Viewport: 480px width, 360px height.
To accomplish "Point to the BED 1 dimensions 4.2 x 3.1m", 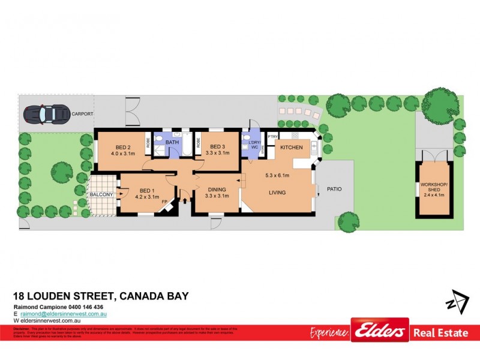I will (146, 197).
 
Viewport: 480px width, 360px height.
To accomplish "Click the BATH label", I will (172, 142).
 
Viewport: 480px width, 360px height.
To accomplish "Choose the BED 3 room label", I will (217, 147).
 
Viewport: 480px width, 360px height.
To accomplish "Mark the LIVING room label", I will (277, 193).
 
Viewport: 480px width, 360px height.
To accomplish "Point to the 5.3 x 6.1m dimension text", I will (277, 175).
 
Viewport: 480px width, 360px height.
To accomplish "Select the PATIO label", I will (334, 190).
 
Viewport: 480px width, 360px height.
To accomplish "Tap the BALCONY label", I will (101, 195).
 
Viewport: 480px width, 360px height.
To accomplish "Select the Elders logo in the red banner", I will (380, 331).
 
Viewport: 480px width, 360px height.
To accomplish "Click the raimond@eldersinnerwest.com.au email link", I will (63, 314).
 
